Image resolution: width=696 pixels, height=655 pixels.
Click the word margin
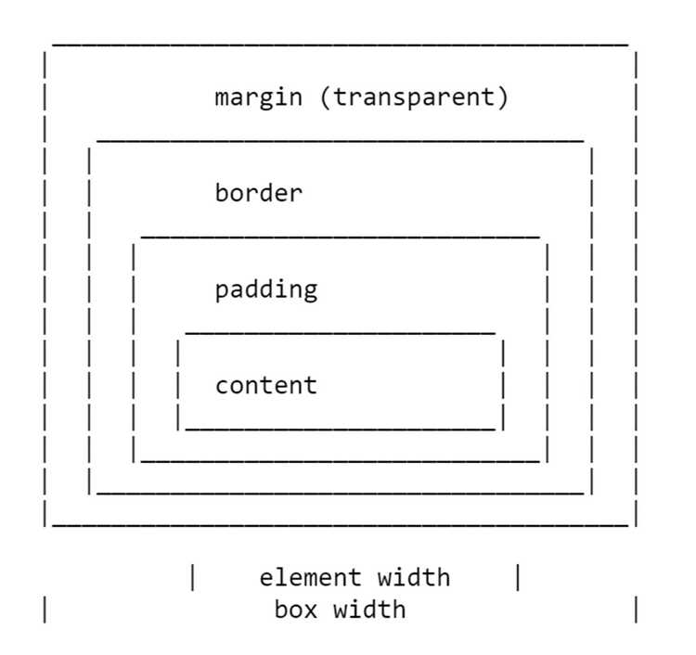[x=258, y=97]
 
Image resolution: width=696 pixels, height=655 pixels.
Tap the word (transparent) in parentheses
[x=414, y=97]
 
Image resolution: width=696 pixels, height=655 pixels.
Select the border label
[x=259, y=193]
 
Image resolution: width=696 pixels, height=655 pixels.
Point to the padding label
[x=266, y=290]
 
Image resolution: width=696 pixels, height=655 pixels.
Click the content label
[x=266, y=385]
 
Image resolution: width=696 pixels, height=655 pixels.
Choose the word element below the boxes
[x=310, y=577]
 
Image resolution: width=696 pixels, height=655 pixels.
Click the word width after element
[x=414, y=577]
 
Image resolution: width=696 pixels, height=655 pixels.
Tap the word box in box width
[x=296, y=609]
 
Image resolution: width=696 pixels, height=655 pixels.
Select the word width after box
[x=369, y=609]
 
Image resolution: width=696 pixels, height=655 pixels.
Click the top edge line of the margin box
[x=341, y=45]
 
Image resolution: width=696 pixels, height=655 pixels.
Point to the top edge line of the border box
[x=341, y=141]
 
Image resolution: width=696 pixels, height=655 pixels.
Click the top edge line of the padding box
[x=341, y=238]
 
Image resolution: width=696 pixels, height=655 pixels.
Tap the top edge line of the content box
[x=341, y=332]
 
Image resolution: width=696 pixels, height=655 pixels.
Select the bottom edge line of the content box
[x=341, y=430]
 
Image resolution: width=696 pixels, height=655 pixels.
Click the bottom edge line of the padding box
[x=341, y=461]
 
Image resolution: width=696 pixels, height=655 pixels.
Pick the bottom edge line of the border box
[x=341, y=493]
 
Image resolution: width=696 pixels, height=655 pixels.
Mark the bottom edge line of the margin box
[x=341, y=525]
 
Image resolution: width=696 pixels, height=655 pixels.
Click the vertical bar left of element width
[x=193, y=577]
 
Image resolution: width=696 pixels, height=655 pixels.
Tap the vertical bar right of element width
[x=518, y=577]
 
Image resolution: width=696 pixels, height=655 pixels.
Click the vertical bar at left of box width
[x=45, y=610]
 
